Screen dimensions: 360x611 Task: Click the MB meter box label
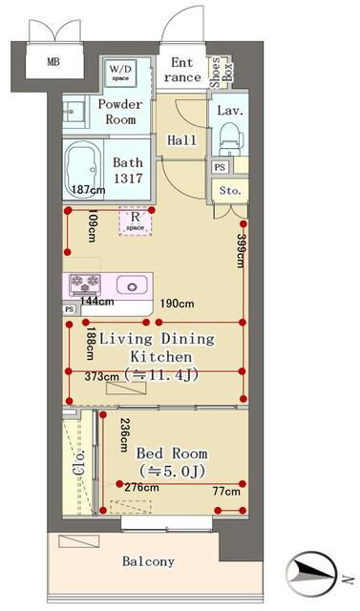click(x=53, y=62)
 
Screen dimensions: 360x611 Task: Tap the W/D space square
click(x=120, y=73)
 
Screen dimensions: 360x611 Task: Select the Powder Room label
click(x=120, y=112)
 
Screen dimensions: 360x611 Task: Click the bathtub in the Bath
click(x=82, y=169)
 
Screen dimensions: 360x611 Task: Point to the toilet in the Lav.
click(x=231, y=139)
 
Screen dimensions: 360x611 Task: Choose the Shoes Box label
click(x=221, y=73)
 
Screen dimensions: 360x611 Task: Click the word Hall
click(x=182, y=140)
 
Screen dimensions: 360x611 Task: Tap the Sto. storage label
click(x=230, y=191)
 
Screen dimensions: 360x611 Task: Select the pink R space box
click(x=136, y=221)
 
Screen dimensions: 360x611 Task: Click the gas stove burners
click(x=85, y=284)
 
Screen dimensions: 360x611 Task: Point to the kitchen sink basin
click(x=132, y=285)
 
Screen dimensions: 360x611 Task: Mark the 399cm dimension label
click(x=241, y=251)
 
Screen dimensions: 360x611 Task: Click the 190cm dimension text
click(x=178, y=304)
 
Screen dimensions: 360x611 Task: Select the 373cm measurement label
click(x=101, y=376)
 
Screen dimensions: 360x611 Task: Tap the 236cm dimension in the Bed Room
click(x=124, y=435)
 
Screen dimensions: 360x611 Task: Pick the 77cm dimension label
click(x=226, y=492)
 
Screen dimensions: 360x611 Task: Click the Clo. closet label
click(x=78, y=463)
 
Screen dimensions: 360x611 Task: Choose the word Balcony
click(x=148, y=561)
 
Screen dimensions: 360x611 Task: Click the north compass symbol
click(x=310, y=573)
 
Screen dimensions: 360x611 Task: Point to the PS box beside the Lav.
click(x=220, y=167)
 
